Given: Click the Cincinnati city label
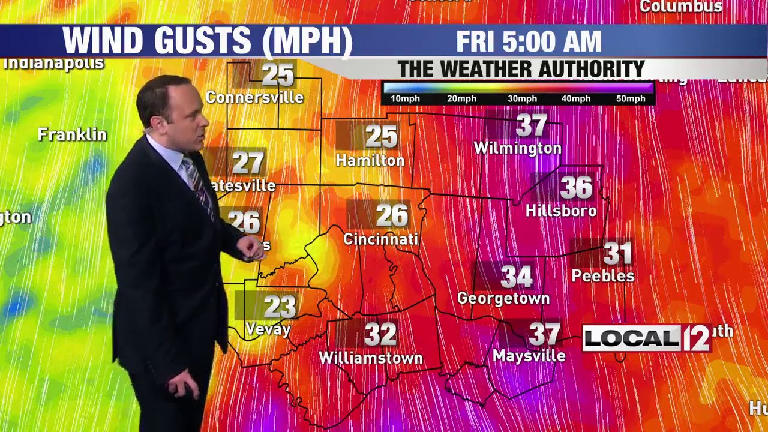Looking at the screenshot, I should click(380, 239).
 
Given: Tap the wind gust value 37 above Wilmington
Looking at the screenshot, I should click(532, 126).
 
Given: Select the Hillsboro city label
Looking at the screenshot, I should click(561, 211).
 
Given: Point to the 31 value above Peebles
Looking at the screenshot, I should click(618, 253).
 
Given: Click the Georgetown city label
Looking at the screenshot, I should click(503, 298).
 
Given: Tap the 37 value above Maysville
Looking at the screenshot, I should click(544, 334).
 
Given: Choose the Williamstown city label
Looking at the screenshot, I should click(371, 358).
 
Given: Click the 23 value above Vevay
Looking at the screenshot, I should click(280, 307).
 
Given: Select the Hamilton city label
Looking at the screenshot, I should click(370, 160).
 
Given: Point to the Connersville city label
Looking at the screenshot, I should click(254, 97).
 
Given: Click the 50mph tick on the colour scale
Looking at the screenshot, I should click(631, 99).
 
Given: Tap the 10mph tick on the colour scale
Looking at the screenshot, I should click(405, 99).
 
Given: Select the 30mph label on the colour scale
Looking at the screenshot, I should click(522, 99).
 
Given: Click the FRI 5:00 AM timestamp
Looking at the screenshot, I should click(529, 41).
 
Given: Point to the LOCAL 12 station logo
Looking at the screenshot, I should click(647, 339).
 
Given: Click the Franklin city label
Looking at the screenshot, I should click(72, 134).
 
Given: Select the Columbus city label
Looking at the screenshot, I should click(681, 7).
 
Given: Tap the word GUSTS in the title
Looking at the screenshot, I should click(202, 41).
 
